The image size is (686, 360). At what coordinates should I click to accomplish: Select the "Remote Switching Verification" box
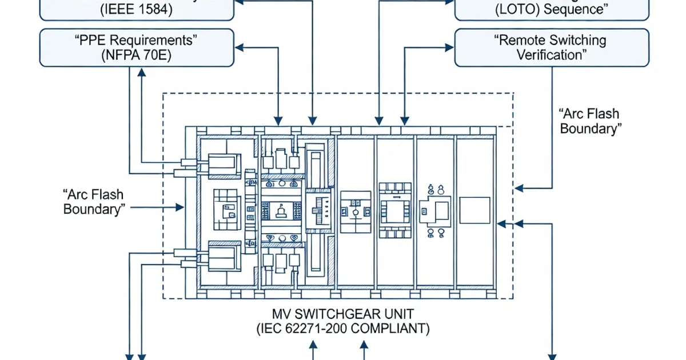pyautogui.click(x=552, y=48)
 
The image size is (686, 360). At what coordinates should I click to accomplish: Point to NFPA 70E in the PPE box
pyautogui.click(x=137, y=55)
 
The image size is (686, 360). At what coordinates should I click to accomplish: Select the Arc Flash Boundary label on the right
pyautogui.click(x=589, y=121)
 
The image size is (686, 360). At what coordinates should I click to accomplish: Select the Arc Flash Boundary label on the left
pyautogui.click(x=94, y=201)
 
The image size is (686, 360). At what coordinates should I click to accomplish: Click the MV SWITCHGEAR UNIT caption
pyautogui.click(x=342, y=314)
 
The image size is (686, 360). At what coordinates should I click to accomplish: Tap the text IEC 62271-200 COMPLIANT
pyautogui.click(x=342, y=329)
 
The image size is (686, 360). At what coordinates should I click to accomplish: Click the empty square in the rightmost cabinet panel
pyautogui.click(x=474, y=210)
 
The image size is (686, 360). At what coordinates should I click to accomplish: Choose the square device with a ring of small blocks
pyautogui.click(x=395, y=210)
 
